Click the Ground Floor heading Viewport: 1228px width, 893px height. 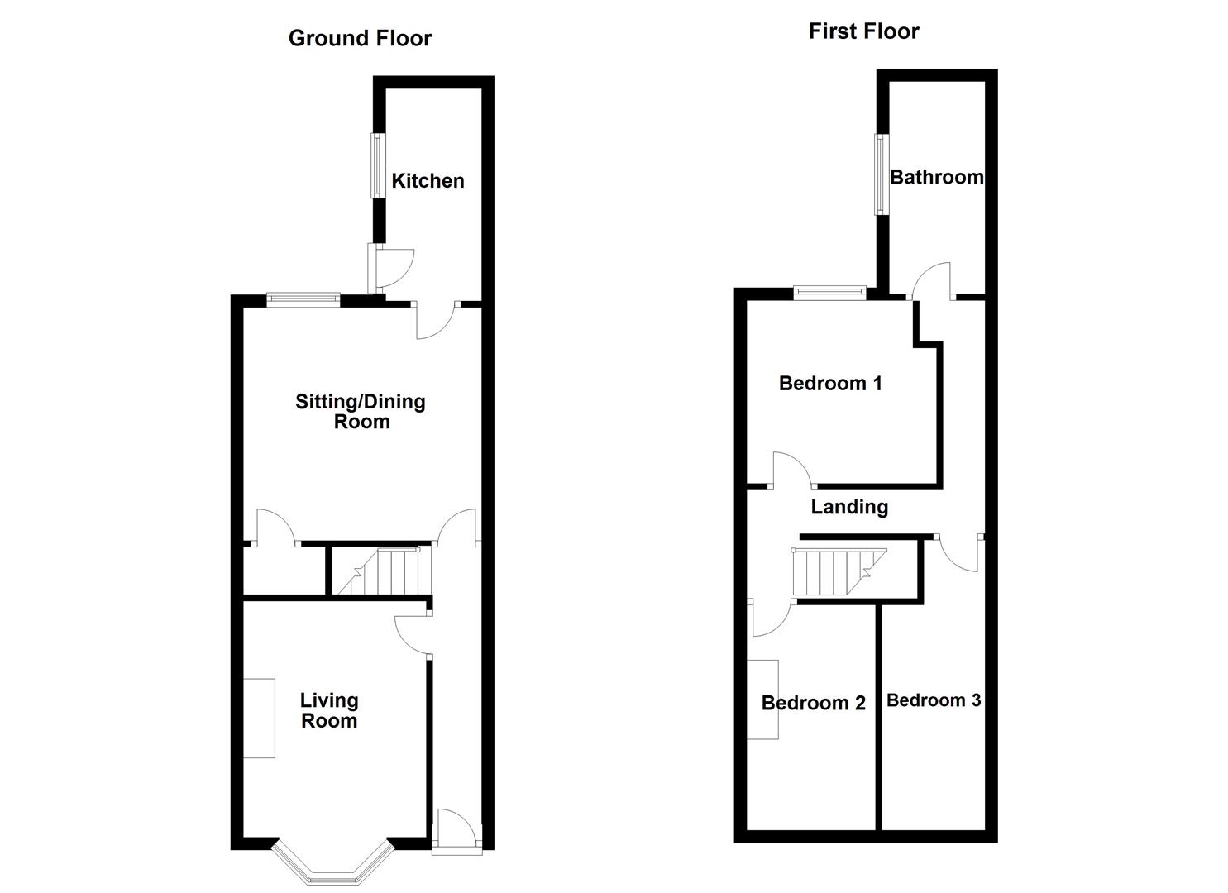(x=360, y=39)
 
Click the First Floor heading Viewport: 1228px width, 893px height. (x=863, y=31)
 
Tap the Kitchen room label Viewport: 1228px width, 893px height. (x=428, y=181)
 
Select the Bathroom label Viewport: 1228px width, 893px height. (x=936, y=177)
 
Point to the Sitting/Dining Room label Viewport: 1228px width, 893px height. (x=361, y=412)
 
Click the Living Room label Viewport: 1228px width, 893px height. (x=328, y=710)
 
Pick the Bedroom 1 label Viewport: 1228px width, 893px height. (x=830, y=384)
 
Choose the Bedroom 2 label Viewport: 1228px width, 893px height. (x=813, y=703)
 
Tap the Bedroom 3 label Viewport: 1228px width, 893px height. (x=934, y=700)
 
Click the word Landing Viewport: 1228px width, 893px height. (x=849, y=507)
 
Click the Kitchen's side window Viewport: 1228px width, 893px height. (x=377, y=165)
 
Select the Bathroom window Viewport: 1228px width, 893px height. (x=882, y=174)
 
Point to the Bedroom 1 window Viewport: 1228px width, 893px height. (x=829, y=291)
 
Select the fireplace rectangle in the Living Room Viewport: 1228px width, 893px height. (x=259, y=718)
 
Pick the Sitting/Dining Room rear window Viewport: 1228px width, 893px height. (x=303, y=299)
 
